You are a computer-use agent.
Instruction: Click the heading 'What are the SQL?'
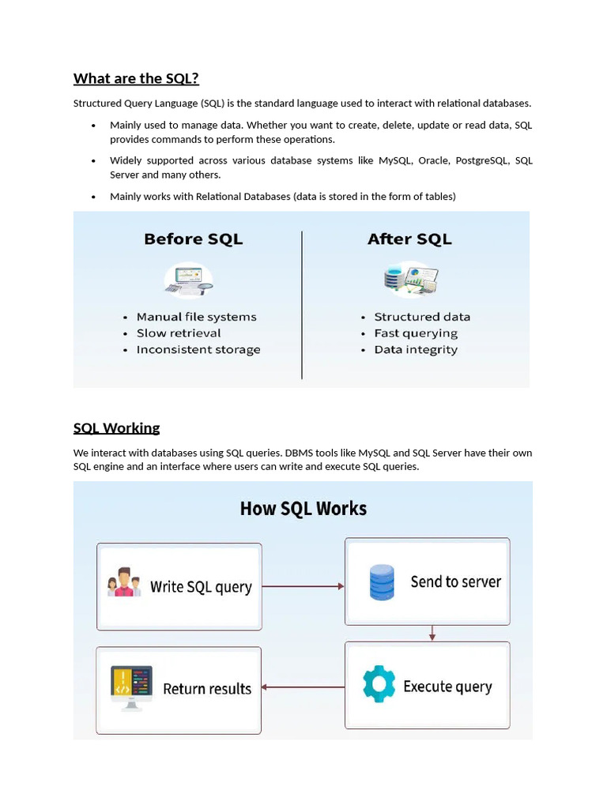[x=136, y=78]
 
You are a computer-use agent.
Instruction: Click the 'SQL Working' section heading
[x=116, y=428]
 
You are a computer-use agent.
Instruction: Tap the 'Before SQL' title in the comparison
[x=193, y=239]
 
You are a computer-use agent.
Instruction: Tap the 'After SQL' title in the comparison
[x=409, y=239]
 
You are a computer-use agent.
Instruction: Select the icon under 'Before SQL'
[x=189, y=280]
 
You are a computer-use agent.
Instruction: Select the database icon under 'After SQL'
[x=409, y=279]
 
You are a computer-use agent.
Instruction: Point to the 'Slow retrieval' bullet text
[x=179, y=333]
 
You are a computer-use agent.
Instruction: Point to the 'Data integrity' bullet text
[x=416, y=350]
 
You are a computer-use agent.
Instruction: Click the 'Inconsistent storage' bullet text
[x=198, y=350]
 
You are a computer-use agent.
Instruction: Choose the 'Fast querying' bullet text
[x=416, y=333]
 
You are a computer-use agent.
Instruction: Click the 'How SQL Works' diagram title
[x=303, y=509]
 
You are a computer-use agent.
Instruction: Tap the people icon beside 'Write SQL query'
[x=124, y=582]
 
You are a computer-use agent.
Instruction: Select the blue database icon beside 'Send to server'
[x=382, y=582]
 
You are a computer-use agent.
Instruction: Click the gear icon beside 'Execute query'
[x=379, y=684]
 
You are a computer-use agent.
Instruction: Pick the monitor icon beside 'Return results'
[x=131, y=687]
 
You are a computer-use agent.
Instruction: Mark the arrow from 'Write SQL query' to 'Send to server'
[x=303, y=586]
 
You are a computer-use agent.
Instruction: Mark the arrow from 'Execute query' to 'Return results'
[x=303, y=687]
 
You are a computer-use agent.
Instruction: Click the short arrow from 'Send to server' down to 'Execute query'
[x=432, y=634]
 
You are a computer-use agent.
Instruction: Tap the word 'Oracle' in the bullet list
[x=433, y=160]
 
